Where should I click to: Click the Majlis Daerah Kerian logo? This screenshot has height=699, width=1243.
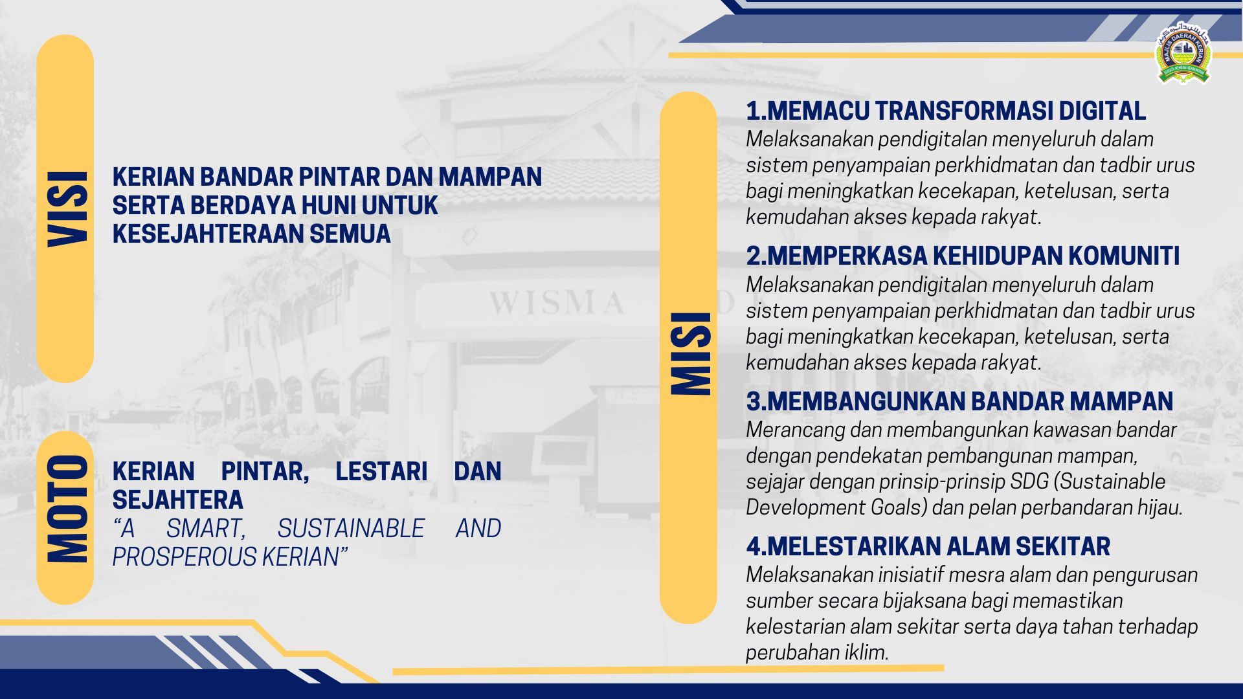tap(1183, 56)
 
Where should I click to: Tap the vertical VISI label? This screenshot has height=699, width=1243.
tap(67, 209)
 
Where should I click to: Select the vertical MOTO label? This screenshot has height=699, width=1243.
tap(67, 509)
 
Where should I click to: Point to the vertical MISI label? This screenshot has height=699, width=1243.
tap(691, 353)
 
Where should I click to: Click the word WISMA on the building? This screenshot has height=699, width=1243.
tap(557, 302)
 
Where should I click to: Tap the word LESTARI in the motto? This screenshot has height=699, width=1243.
tap(381, 471)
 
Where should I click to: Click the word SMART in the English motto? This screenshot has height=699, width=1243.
tap(206, 529)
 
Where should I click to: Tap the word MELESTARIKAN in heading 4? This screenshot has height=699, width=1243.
tap(855, 546)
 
